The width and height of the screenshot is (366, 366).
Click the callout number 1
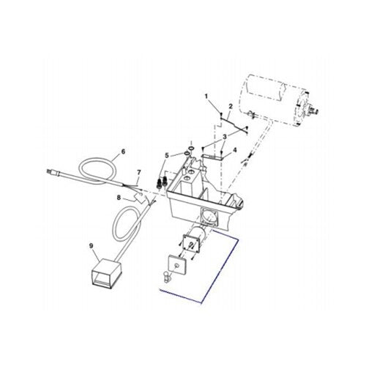click(x=207, y=97)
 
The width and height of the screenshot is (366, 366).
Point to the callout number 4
click(x=235, y=152)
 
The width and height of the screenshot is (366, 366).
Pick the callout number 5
click(x=167, y=155)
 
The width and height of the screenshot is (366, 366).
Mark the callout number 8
click(x=117, y=198)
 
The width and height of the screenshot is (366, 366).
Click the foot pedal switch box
click(x=104, y=276)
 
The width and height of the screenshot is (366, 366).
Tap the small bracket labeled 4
click(x=212, y=156)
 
